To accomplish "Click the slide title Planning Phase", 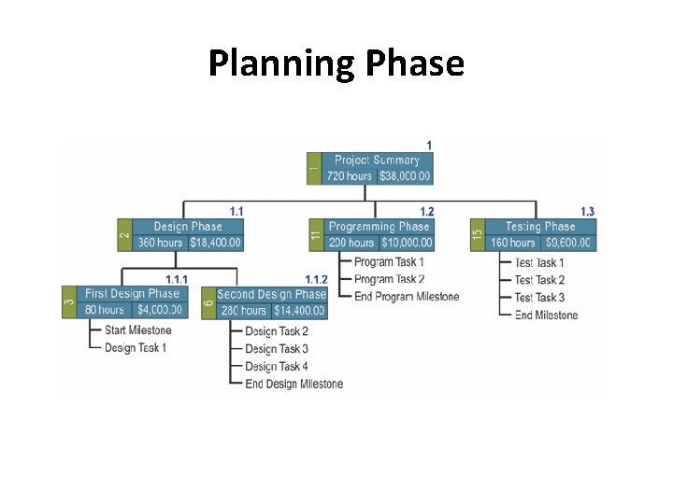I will (x=336, y=63).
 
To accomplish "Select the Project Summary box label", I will (x=377, y=160).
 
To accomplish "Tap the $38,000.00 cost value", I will (x=404, y=175).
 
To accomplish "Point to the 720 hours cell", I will (x=349, y=175).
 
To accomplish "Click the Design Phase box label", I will (x=188, y=227).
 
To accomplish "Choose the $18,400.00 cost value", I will (x=215, y=243).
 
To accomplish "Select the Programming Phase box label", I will (x=379, y=227).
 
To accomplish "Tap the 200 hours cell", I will (x=351, y=243).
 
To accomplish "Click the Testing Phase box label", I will (x=540, y=227).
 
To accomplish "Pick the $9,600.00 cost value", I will (x=567, y=243).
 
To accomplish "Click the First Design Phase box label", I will (x=131, y=294).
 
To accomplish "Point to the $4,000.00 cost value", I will (x=159, y=310).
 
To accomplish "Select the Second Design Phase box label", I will (x=271, y=294).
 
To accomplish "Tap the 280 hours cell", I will (x=243, y=310).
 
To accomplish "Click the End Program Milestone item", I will (x=407, y=297).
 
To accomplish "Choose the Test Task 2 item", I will (x=539, y=280).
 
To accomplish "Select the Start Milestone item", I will (x=137, y=330).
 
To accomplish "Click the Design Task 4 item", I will (x=276, y=367).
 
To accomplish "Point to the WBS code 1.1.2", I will (x=316, y=280).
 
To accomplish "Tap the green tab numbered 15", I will (x=478, y=235).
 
